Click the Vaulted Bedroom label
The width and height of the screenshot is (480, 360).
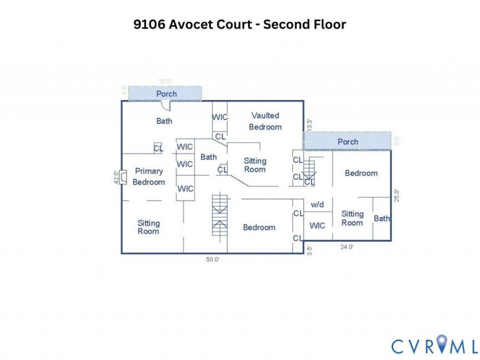click(265, 121)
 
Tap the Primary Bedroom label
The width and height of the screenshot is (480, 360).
click(149, 177)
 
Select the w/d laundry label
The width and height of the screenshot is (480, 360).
click(317, 204)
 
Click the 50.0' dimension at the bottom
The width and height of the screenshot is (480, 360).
click(213, 260)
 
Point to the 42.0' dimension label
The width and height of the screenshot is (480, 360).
click(116, 177)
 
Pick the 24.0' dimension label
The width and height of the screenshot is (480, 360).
click(347, 247)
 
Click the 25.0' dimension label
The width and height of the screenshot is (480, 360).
click(397, 195)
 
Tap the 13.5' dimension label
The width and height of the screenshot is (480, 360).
click(309, 125)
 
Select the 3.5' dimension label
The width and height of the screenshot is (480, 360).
click(309, 251)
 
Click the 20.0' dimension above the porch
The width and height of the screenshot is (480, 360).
click(165, 82)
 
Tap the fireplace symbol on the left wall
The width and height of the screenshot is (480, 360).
click(123, 177)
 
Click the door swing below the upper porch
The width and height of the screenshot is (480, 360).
click(166, 106)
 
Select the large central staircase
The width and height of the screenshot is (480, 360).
click(220, 215)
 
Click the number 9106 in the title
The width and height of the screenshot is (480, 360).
click(149, 25)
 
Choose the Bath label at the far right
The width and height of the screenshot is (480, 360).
click(382, 219)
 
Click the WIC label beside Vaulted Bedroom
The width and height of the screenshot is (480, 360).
click(220, 117)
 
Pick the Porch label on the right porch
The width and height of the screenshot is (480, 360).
click(348, 142)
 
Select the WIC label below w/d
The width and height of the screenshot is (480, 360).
click(317, 226)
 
